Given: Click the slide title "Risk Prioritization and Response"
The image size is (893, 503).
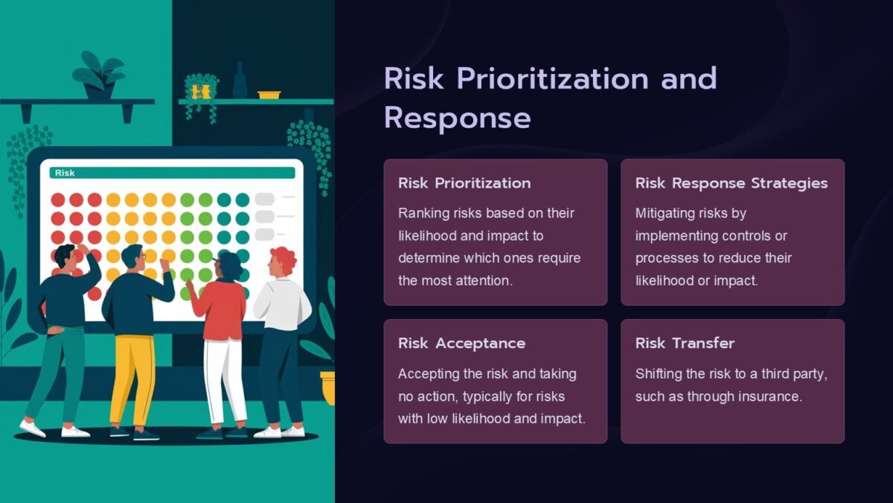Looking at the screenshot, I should pyautogui.click(x=550, y=98).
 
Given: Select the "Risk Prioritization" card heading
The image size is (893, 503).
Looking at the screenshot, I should pyautogui.click(x=464, y=183).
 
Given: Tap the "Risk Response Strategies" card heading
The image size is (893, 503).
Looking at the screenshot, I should pyautogui.click(x=731, y=183).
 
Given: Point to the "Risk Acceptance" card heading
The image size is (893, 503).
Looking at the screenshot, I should pyautogui.click(x=461, y=344).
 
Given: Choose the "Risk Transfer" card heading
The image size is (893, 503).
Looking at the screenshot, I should pyautogui.click(x=685, y=344).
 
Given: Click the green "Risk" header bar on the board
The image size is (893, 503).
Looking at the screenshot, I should pyautogui.click(x=172, y=173).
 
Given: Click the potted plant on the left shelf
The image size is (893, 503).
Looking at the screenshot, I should pyautogui.click(x=97, y=75).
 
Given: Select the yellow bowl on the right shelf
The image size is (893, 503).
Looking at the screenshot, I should pyautogui.click(x=269, y=95).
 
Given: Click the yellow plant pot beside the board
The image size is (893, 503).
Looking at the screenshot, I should pyautogui.click(x=327, y=387).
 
